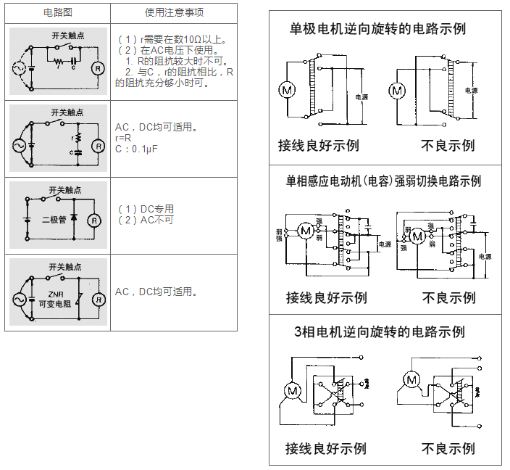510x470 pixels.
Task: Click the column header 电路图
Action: click(57, 14)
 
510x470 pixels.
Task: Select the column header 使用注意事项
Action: click(174, 14)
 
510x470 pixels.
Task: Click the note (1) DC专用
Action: click(146, 209)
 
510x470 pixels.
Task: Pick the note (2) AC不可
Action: click(146, 219)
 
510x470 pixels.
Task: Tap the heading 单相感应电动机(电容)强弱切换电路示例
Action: click(384, 181)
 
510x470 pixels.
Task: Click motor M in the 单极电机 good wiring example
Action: click(287, 91)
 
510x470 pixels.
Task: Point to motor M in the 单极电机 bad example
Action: click(396, 91)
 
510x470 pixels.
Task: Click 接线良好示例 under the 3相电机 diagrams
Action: click(325, 448)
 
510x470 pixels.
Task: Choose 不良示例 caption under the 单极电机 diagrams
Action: click(448, 145)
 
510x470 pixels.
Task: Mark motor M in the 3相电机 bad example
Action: click(411, 379)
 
